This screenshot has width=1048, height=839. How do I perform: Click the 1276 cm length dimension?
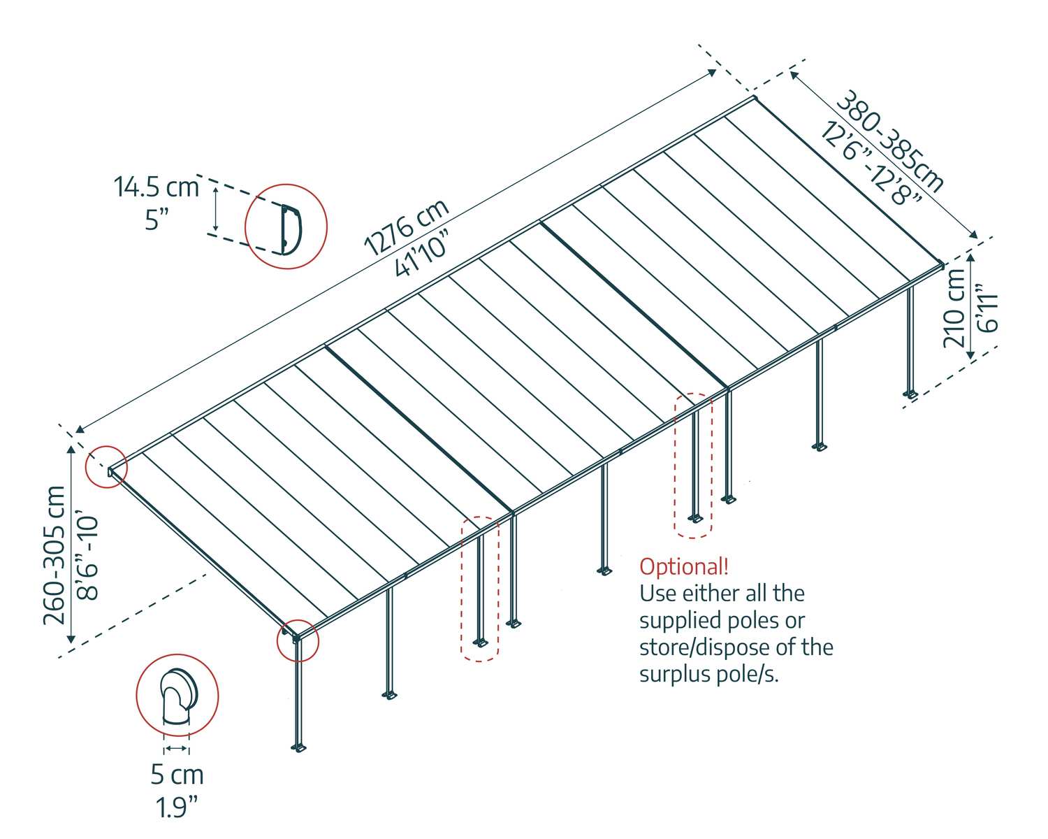coord(407,228)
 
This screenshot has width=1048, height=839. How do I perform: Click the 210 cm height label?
coord(954,308)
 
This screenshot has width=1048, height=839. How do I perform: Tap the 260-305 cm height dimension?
coord(54,555)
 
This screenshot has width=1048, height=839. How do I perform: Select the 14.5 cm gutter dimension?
coord(157,187)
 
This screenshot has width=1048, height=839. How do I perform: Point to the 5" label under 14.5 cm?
coord(157,220)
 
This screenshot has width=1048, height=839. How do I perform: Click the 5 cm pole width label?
coord(177,775)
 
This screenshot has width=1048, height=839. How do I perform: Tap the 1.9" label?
coord(177,807)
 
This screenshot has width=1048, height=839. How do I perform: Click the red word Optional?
coord(684,567)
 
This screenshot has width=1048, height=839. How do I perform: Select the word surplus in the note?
coord(674,676)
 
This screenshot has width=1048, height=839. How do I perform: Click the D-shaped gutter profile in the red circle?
coord(291,229)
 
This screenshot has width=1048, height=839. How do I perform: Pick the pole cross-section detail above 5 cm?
coord(178,697)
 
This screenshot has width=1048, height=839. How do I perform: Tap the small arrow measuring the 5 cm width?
coord(176,748)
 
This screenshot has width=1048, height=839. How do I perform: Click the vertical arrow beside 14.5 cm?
coord(216,208)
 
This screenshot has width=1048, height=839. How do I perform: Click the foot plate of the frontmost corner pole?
coord(298,747)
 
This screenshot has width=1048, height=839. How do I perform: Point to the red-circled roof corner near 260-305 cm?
coord(106,467)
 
